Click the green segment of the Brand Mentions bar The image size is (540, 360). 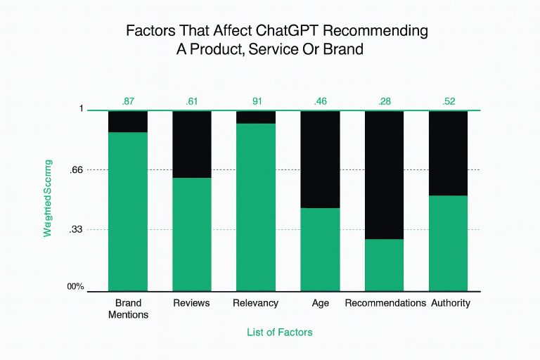(128, 211)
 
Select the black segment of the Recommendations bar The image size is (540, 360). (384, 174)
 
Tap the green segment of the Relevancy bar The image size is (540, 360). (256, 207)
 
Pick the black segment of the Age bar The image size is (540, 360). (320, 159)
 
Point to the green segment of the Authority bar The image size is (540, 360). (448, 243)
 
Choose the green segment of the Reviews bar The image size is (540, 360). (192, 233)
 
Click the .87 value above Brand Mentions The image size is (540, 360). (128, 102)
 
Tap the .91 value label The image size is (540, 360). (256, 102)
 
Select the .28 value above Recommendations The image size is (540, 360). (384, 102)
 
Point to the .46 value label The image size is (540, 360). (320, 102)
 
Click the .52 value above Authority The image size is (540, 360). (448, 102)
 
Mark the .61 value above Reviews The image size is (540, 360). (192, 102)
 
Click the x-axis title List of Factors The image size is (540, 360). (280, 330)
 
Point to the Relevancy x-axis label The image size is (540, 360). (256, 303)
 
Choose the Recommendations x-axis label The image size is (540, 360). (385, 303)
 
